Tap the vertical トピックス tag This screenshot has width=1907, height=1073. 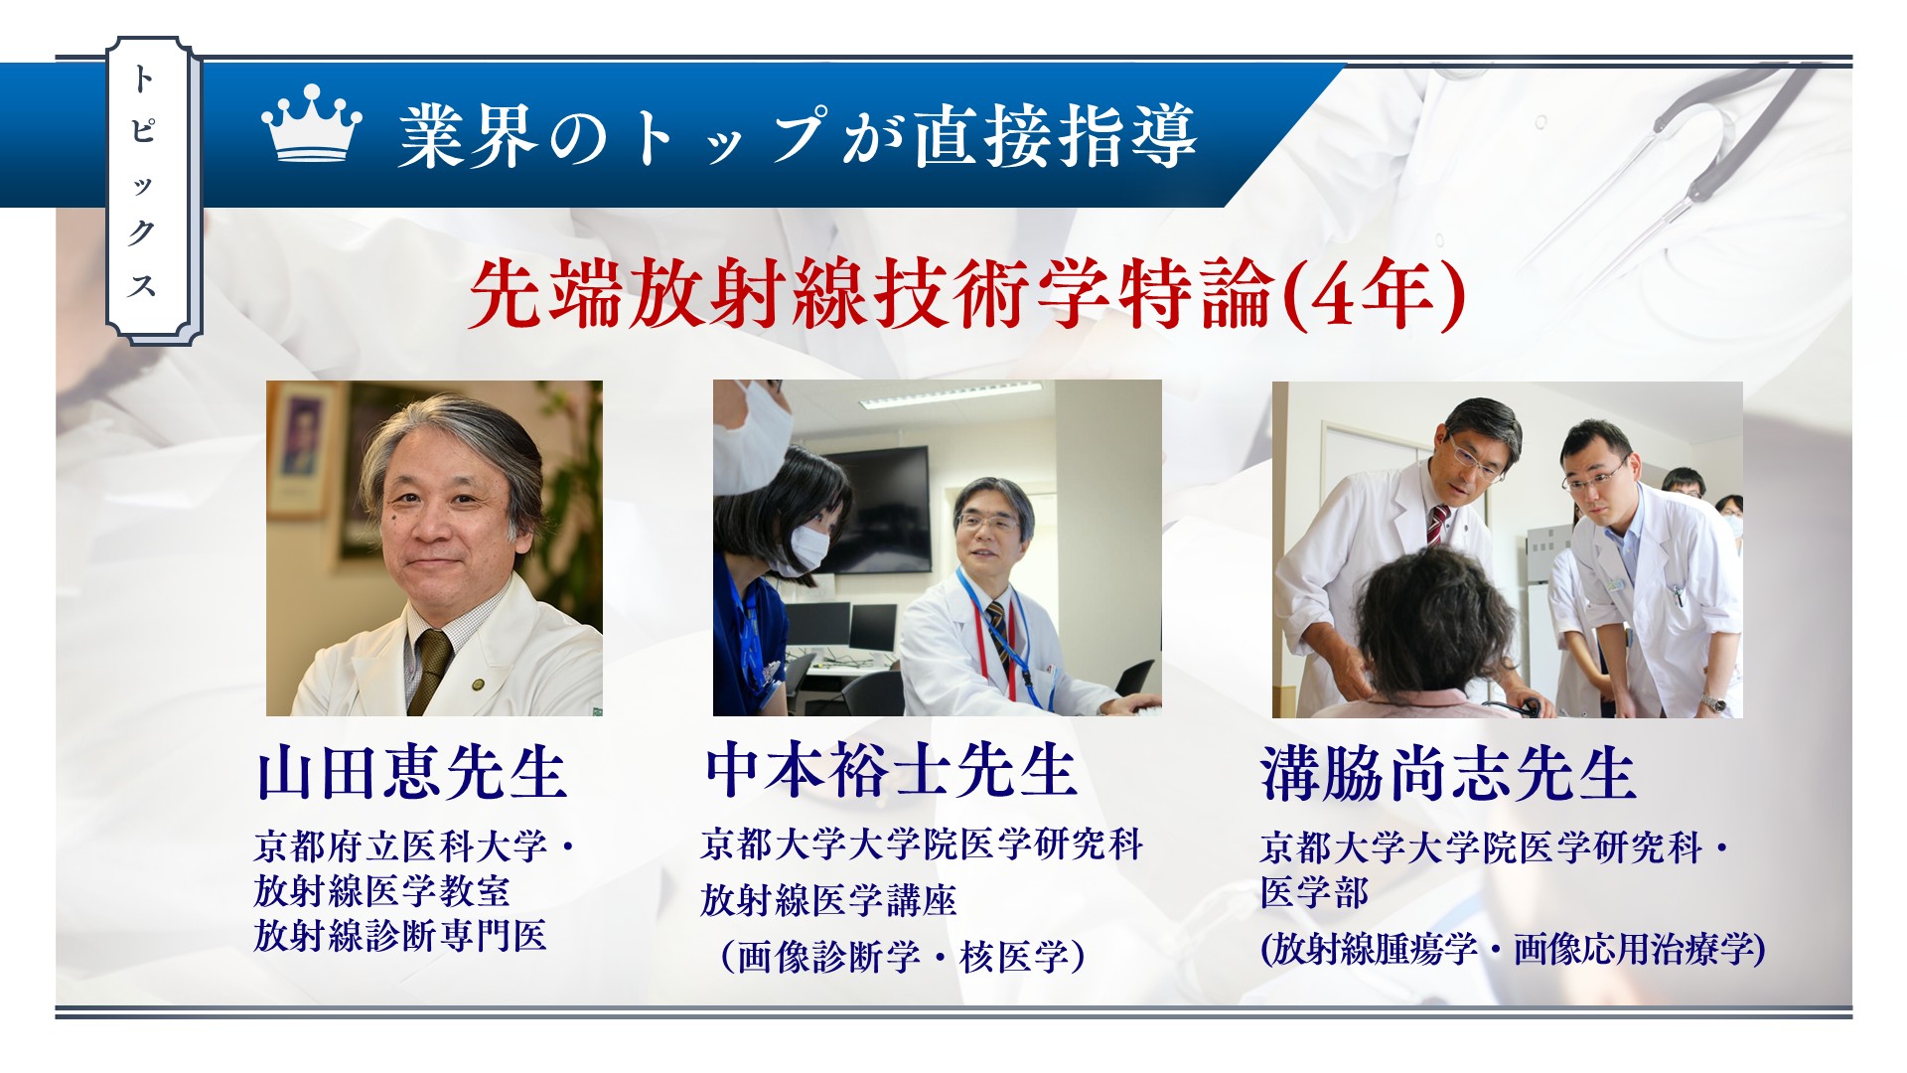pyautogui.click(x=153, y=191)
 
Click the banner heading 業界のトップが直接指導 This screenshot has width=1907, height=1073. pyautogui.click(x=797, y=136)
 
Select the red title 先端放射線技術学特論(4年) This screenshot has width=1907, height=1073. pyautogui.click(x=966, y=294)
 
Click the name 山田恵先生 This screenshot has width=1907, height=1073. pyautogui.click(x=411, y=773)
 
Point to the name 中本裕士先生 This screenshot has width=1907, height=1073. pyautogui.click(x=891, y=770)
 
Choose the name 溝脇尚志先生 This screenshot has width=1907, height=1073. pyautogui.click(x=1448, y=773)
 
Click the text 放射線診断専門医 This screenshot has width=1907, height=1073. pyautogui.click(x=400, y=935)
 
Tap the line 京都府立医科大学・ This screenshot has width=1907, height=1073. pyautogui.click(x=415, y=846)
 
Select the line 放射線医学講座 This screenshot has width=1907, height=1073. pyautogui.click(x=828, y=900)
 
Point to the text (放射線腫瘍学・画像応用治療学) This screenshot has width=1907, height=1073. pyautogui.click(x=1513, y=949)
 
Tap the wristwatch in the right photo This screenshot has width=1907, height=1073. pyautogui.click(x=1713, y=702)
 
